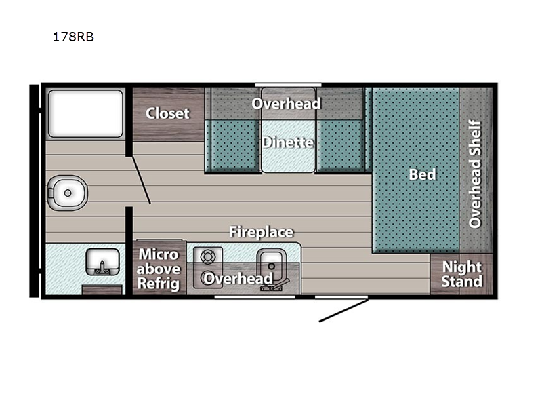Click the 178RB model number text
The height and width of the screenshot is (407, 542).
[73, 37]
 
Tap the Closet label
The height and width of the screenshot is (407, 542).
[167, 113]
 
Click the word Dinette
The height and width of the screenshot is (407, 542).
[288, 142]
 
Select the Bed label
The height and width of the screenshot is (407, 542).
[422, 174]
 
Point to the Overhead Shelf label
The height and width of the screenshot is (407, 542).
[475, 174]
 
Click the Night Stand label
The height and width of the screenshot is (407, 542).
[462, 274]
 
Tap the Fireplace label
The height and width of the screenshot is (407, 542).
[262, 232]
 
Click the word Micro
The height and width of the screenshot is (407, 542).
[159, 254]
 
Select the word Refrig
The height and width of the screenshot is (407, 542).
[159, 284]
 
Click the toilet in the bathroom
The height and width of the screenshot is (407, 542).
[67, 193]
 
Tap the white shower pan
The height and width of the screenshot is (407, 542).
[85, 113]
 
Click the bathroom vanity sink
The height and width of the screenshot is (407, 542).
[102, 262]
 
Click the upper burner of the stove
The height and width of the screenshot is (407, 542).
[208, 257]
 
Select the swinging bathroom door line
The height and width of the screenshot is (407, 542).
[141, 180]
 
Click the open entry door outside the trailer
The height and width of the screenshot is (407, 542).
[343, 311]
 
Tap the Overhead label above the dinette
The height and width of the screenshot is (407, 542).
[286, 104]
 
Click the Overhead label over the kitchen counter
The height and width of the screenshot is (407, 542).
[238, 278]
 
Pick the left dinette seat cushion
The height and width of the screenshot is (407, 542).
[232, 145]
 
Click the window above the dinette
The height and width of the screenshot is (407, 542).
[289, 85]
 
